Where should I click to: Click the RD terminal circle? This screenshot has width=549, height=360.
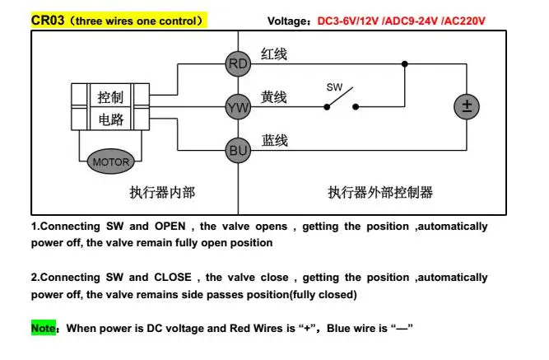point(238,63)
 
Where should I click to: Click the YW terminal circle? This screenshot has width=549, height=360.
point(238,105)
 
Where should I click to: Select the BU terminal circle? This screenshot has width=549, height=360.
point(238,149)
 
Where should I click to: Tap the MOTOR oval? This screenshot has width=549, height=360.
point(110,162)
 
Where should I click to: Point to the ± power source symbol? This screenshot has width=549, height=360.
point(467,106)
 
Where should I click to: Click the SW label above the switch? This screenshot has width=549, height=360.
point(334,86)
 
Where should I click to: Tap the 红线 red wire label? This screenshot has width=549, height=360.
point(274,54)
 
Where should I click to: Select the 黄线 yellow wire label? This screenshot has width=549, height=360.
point(274,97)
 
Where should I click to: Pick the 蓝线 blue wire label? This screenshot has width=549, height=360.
point(275,141)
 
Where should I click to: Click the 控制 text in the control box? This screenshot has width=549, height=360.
point(110,96)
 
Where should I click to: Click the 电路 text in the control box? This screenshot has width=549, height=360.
point(110,120)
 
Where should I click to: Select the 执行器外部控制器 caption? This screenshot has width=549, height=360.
point(380,193)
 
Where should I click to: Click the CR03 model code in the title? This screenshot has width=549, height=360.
point(46,19)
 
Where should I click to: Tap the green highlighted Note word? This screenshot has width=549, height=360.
point(43,328)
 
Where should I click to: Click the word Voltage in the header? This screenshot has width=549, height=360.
point(290,21)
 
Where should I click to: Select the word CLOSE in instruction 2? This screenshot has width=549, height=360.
point(172,278)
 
